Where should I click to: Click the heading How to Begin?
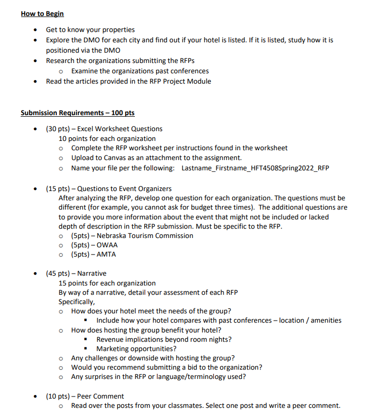coord(42,13)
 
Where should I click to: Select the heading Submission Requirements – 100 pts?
coord(78,113)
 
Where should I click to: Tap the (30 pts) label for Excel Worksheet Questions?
coord(58,129)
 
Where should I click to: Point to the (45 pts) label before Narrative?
coord(58,273)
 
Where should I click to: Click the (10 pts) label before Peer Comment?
coord(58,396)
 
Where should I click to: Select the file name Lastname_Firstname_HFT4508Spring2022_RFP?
coord(255,168)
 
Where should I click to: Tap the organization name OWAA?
coord(107,245)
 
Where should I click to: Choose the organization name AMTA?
coord(106,254)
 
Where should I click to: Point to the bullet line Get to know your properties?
coord(90,29)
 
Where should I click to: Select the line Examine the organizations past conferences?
coord(140,71)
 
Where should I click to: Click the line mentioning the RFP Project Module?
coord(128,81)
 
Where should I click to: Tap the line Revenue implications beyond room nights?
coord(164,339)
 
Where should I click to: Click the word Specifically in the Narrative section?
coord(76,302)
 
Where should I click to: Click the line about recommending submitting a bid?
coord(166,367)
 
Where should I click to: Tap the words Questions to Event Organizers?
coord(125,188)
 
